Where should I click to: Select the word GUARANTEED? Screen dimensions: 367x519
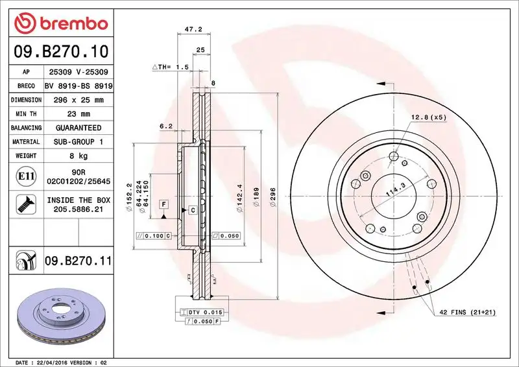[x=78, y=128]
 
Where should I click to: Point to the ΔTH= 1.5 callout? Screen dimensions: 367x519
[x=170, y=67]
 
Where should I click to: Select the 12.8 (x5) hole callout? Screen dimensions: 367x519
[x=429, y=117]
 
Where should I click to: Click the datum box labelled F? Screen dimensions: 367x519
[x=165, y=204]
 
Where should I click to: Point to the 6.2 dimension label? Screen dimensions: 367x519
[x=165, y=126]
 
